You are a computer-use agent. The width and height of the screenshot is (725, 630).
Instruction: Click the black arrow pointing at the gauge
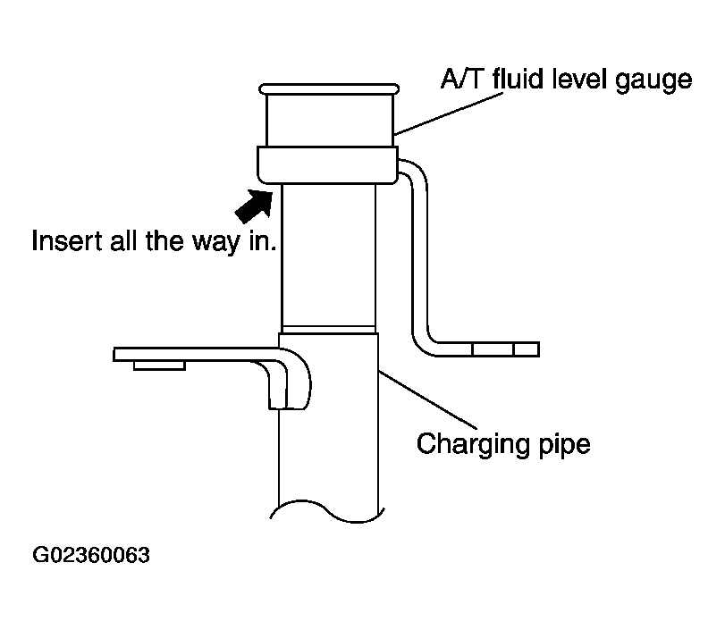(255, 206)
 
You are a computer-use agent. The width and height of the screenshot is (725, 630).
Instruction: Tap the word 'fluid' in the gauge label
(518, 79)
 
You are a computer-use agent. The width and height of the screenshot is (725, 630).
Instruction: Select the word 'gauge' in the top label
(653, 81)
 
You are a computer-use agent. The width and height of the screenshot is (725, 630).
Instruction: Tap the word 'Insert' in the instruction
(66, 240)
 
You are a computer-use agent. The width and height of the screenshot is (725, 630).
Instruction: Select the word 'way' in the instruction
(216, 243)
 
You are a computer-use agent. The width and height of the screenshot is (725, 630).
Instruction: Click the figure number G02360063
(91, 555)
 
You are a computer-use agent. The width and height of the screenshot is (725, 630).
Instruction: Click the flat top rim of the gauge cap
(329, 88)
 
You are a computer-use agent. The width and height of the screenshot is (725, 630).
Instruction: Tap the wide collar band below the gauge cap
(327, 165)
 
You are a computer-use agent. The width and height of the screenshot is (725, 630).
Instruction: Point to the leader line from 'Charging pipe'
(427, 399)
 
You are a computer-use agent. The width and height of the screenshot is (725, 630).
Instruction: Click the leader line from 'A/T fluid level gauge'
(449, 114)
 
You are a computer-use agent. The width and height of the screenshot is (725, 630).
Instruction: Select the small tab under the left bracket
(159, 365)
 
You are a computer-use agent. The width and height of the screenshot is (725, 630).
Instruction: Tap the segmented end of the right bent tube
(505, 349)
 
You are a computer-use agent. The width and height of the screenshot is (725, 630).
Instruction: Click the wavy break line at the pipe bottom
(327, 511)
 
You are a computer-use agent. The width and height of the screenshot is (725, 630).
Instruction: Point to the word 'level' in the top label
(579, 79)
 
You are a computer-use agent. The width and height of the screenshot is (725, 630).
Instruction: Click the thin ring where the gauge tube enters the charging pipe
(328, 329)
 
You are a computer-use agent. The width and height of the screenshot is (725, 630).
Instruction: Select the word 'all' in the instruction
(123, 240)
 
